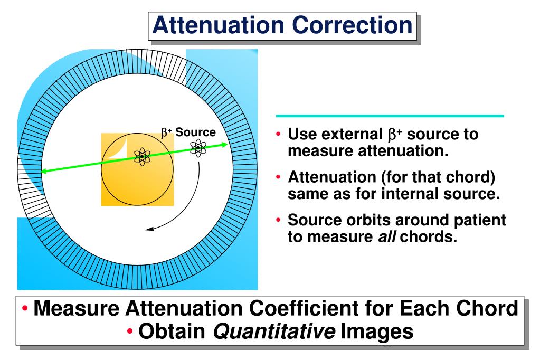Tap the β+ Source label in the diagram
189,132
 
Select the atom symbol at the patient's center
143,156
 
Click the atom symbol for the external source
198,148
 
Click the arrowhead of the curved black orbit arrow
149,229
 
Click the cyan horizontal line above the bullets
390,116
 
